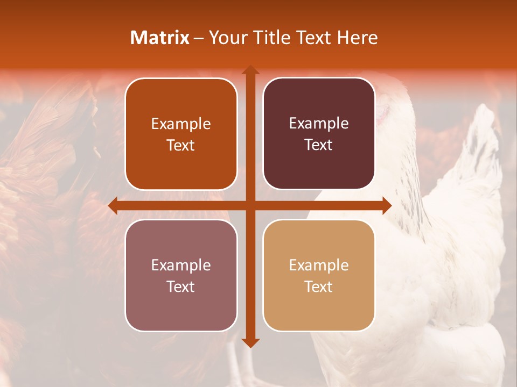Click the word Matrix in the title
click(160, 38)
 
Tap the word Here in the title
click(358, 38)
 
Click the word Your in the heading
click(226, 38)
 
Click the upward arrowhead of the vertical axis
click(250, 70)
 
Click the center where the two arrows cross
click(250, 206)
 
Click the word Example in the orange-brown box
click(181, 124)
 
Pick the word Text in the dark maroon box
click(319, 145)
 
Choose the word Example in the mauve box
click(181, 266)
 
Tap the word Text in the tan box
click(319, 287)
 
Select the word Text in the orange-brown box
click(181, 146)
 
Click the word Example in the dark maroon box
click(319, 124)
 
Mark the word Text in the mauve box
click(181, 287)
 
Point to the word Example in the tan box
click(319, 266)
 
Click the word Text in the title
click(315, 38)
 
